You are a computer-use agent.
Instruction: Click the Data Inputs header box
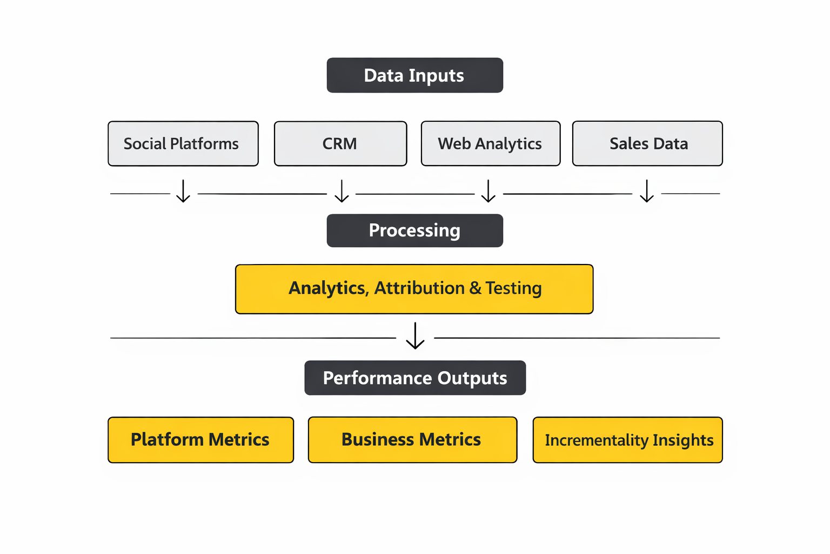(x=414, y=75)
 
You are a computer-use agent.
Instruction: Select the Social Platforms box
(x=183, y=143)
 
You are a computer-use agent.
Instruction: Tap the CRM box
(x=340, y=143)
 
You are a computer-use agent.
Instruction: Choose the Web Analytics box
(x=491, y=143)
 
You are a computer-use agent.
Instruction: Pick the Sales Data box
(x=647, y=143)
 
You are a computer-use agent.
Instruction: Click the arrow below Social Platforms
(x=183, y=192)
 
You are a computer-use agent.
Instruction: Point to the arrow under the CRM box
(x=342, y=192)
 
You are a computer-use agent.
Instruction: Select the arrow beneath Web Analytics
(x=488, y=192)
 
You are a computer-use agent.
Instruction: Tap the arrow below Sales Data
(x=647, y=192)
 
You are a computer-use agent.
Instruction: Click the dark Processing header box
(x=414, y=230)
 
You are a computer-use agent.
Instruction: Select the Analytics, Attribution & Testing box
(x=414, y=289)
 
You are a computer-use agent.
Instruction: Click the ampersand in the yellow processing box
(x=476, y=288)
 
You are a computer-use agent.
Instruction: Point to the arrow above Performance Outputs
(x=415, y=336)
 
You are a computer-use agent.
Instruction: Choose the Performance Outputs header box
(x=415, y=378)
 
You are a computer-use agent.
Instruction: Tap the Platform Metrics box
(x=200, y=440)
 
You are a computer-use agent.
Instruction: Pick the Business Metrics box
(x=412, y=440)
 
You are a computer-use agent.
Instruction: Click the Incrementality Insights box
(x=627, y=440)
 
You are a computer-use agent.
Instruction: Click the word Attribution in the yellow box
(x=419, y=288)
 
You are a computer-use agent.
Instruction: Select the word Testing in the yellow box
(x=513, y=288)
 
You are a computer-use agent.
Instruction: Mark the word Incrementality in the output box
(x=596, y=440)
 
